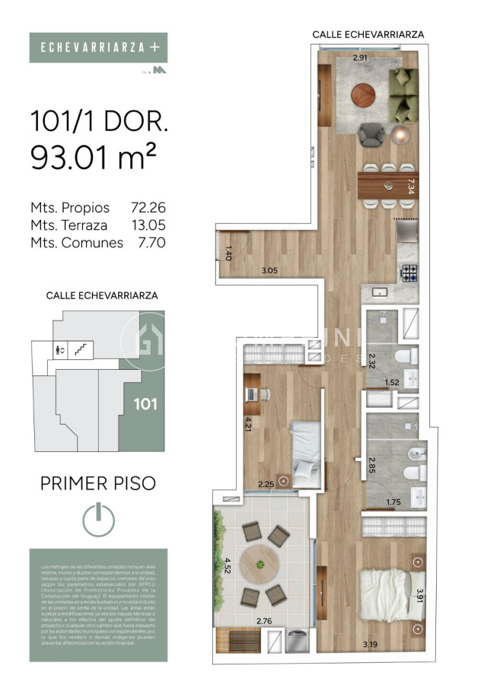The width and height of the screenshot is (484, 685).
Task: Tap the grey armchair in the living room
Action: pyautogui.click(x=372, y=134)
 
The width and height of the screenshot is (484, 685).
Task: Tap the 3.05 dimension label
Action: pyautogui.click(x=269, y=270)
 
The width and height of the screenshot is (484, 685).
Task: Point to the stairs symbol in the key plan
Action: pyautogui.click(x=80, y=349)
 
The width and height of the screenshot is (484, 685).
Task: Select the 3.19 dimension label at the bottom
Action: pyautogui.click(x=371, y=645)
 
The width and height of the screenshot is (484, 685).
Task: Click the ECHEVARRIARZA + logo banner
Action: pyautogui.click(x=98, y=47)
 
